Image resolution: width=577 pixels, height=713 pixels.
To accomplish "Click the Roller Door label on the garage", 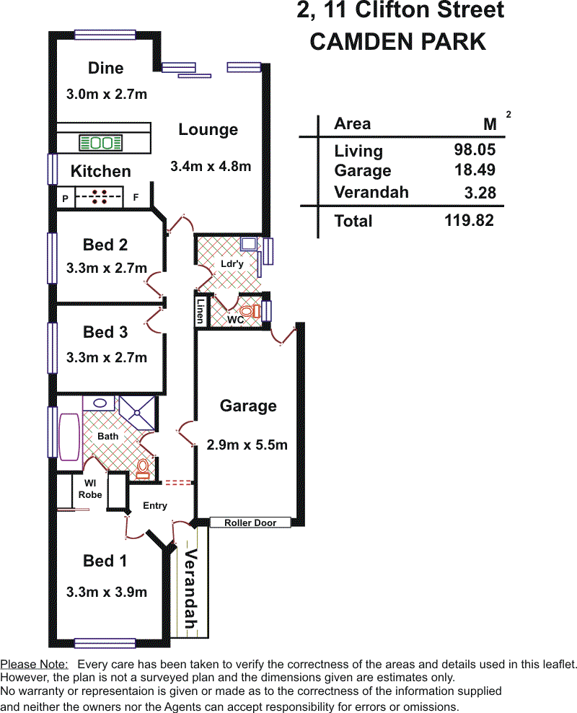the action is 250,523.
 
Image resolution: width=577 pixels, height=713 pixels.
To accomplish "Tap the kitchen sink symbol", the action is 101,143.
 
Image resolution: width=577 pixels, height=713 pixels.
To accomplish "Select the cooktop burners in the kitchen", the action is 100,197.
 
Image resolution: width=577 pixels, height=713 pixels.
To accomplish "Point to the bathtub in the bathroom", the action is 69,437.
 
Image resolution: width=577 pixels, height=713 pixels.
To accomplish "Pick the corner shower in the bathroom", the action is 137,413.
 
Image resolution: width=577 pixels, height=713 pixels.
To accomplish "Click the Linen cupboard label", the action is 200,311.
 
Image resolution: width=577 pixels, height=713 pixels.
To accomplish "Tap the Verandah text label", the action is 191,589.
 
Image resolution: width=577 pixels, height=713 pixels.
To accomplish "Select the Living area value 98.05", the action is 475,149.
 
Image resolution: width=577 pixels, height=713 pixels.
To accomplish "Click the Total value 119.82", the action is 469,221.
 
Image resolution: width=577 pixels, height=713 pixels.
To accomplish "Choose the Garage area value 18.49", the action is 475,170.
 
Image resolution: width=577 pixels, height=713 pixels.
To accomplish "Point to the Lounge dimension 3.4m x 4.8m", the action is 211,167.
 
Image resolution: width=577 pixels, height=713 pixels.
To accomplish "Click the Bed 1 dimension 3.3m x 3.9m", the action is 107,592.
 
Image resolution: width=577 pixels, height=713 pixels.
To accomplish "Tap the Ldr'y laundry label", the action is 232,263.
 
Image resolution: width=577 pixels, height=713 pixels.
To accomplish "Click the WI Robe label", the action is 90,489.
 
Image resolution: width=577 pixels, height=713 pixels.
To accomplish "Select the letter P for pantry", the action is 66,198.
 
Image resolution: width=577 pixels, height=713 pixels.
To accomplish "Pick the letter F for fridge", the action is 136,197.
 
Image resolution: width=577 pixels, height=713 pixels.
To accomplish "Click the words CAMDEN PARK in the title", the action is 398,42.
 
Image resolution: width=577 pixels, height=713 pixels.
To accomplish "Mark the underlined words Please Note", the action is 34,665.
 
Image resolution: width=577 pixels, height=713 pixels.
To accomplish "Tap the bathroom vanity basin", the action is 100,403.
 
